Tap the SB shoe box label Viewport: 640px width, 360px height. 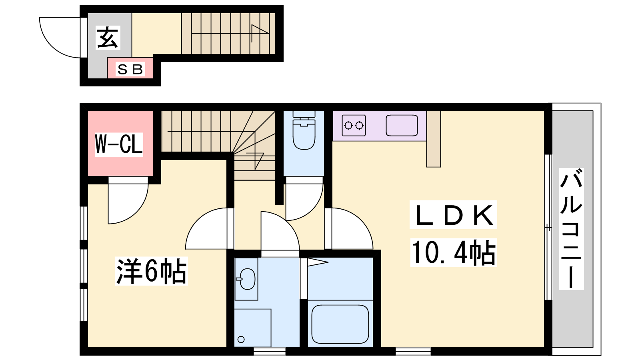click(130, 70)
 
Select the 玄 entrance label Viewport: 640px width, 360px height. click(108, 38)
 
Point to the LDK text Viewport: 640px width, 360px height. click(453, 215)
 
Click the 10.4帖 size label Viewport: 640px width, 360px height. click(454, 253)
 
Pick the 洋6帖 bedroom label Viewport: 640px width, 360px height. click(151, 271)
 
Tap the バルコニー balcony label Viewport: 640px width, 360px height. click(571, 228)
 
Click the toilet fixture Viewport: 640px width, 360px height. click(304, 130)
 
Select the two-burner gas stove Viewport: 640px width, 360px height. click(354, 126)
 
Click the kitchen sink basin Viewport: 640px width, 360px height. click(402, 126)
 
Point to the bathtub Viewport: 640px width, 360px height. click(340, 324)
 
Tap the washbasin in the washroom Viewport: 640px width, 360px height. click(247, 279)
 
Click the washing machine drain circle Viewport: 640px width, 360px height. click(241, 340)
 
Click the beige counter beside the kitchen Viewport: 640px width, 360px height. click(434, 139)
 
